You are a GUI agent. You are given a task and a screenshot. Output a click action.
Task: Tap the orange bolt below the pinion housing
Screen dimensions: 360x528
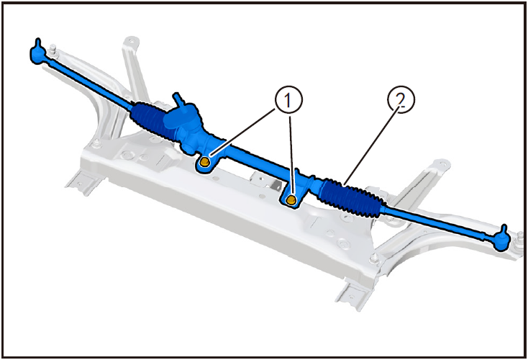click(205, 163)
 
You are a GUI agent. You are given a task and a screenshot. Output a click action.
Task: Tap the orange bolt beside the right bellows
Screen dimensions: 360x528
click(292, 199)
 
